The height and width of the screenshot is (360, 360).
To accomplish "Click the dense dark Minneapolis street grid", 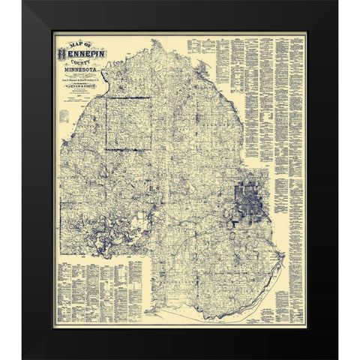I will [247, 199].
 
